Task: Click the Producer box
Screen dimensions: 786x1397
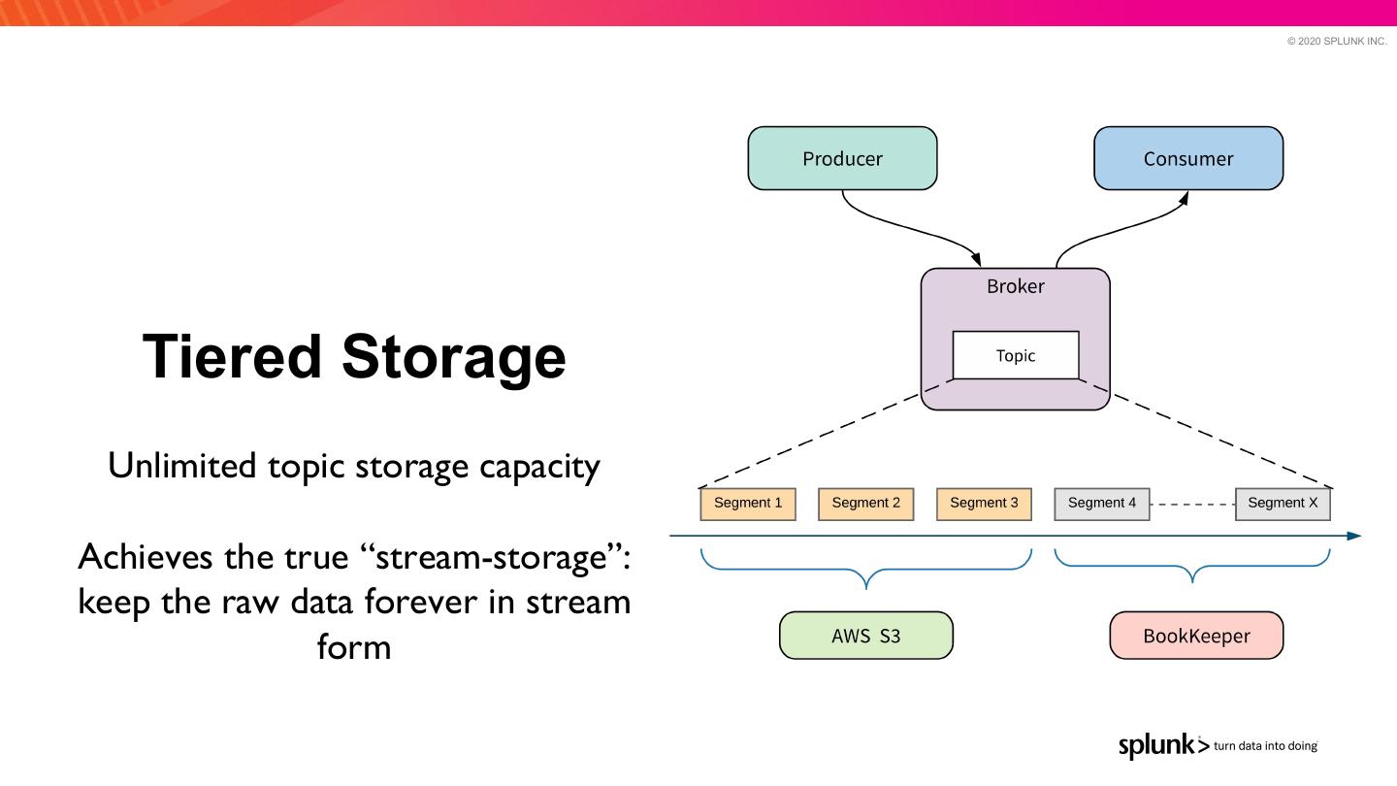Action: click(842, 158)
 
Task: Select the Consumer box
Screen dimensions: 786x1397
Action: click(1187, 158)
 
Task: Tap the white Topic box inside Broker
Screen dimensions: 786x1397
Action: click(1015, 355)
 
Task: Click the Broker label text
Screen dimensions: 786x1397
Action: click(1015, 286)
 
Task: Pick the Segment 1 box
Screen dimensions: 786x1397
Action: click(747, 504)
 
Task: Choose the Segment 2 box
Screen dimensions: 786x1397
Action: click(865, 504)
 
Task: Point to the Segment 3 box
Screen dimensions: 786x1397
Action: click(984, 504)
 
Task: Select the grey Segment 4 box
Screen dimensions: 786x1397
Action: click(1101, 504)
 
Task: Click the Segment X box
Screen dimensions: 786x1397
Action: click(1283, 504)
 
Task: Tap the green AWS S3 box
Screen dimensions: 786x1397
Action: click(865, 636)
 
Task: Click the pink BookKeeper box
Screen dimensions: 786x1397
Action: click(1196, 636)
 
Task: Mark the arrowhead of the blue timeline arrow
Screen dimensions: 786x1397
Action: click(1354, 536)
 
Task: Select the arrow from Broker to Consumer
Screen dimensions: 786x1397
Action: click(1116, 228)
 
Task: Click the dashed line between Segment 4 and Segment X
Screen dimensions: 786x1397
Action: click(1192, 504)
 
